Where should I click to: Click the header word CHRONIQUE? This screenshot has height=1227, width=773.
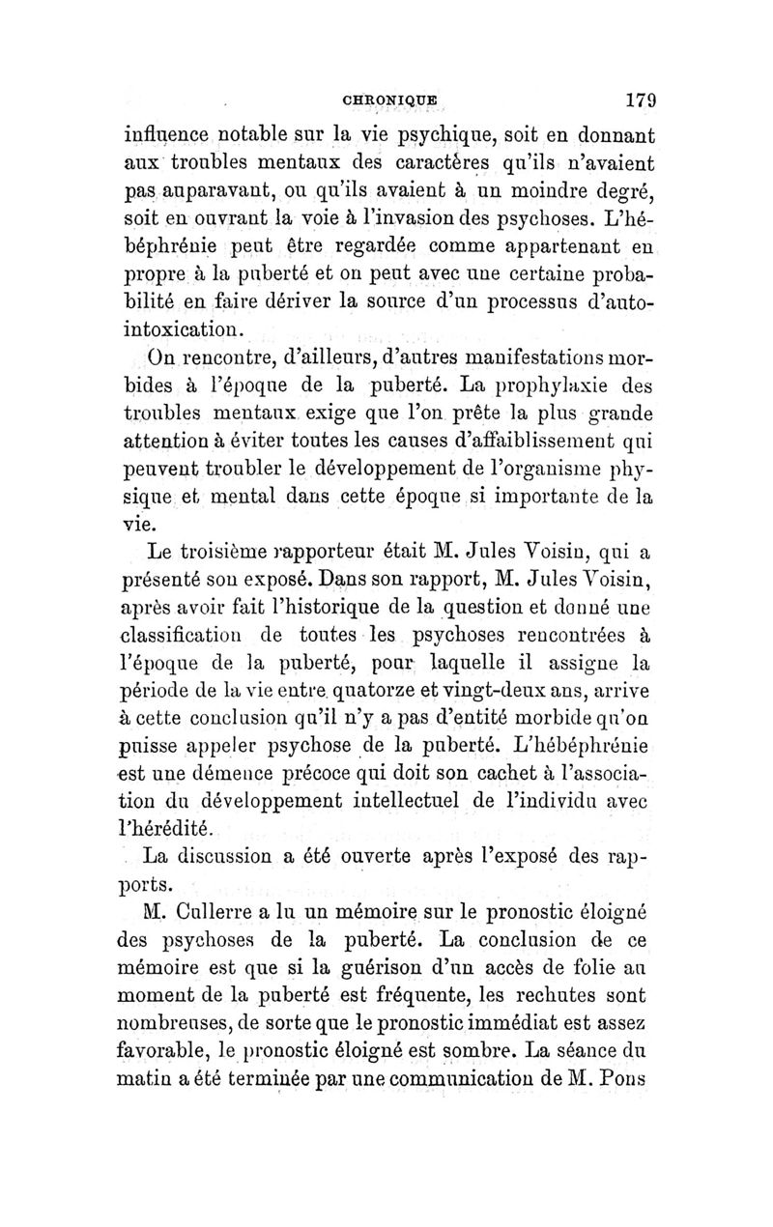tap(395, 98)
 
